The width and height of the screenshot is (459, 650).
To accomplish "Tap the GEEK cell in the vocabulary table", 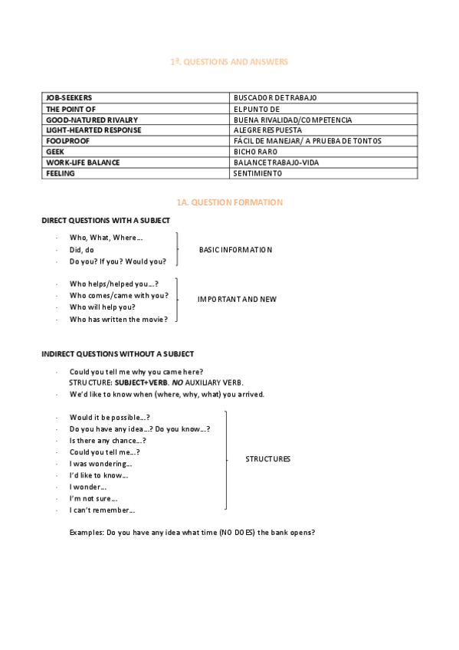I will point(54,152).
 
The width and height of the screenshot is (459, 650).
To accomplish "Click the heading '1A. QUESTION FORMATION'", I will point(229,202).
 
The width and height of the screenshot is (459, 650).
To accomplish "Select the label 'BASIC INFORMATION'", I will point(235,250).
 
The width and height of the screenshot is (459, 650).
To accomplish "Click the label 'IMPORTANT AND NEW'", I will point(237,299).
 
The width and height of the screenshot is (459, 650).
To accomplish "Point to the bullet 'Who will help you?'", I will point(102,307).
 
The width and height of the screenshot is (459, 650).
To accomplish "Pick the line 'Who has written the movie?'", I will point(116,320).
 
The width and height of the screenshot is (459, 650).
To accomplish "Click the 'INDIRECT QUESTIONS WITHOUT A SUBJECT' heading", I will point(117,354).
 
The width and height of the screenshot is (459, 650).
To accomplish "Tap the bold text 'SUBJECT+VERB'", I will point(146,382).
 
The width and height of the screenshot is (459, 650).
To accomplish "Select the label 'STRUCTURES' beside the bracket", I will point(267,459).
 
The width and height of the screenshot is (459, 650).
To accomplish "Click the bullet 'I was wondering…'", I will point(100,464).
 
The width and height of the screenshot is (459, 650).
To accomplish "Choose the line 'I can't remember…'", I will point(102,510).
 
